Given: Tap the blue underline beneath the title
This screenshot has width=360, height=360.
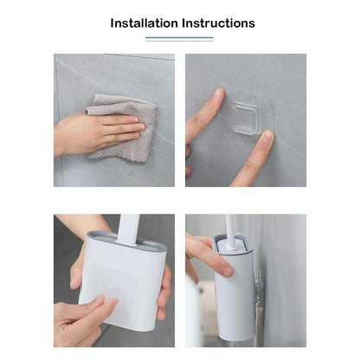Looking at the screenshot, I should coord(179,38).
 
